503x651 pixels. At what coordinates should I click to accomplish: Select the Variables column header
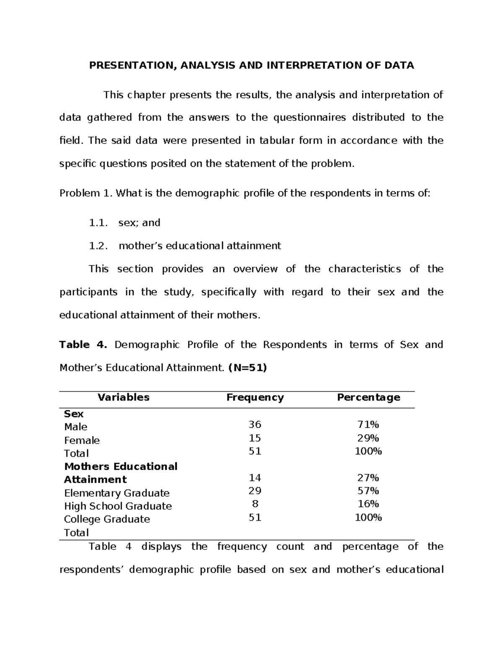pos(123,397)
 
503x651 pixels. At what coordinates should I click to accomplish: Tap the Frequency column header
pos(255,397)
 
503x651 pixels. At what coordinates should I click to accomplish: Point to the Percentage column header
pos(368,397)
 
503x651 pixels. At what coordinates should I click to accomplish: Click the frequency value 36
pos(254,425)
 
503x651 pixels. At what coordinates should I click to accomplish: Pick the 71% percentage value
pos(368,425)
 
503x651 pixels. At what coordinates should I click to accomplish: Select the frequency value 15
pos(254,438)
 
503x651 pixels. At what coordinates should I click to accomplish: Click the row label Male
pos(75,427)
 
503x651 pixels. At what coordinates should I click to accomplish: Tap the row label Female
pos(82,441)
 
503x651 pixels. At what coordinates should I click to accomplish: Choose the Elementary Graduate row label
pos(117,493)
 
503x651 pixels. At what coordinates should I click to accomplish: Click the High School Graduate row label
pos(118,506)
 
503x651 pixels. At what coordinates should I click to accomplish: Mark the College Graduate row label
pos(107,519)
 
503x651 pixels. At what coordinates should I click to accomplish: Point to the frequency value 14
pos(254,478)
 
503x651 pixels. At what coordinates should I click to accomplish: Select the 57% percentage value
pos(368,491)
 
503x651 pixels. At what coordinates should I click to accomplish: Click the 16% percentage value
pos(368,504)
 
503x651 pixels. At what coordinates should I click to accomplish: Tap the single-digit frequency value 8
pos(255,504)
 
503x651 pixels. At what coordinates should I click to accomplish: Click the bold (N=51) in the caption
pos(247,368)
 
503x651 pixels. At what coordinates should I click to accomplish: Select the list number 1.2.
pos(98,246)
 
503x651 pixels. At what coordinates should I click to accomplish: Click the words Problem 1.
pos(86,194)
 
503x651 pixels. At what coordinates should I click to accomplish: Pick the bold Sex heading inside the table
pos(73,414)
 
